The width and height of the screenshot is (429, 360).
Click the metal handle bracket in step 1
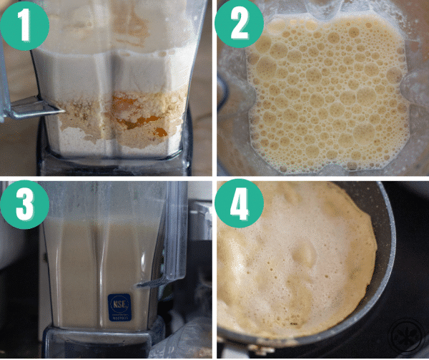[x=32, y=109]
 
